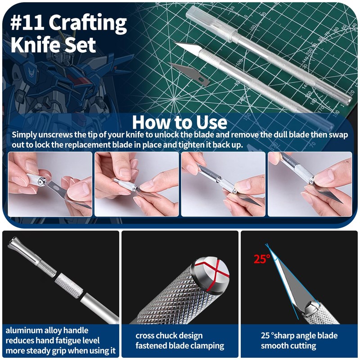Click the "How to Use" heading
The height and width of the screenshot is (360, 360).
(x=180, y=122)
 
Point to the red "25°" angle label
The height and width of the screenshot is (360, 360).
(x=261, y=259)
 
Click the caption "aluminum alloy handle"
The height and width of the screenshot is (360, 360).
(x=47, y=330)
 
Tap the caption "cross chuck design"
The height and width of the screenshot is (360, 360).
(x=169, y=336)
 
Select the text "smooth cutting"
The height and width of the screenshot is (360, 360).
(x=288, y=346)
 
